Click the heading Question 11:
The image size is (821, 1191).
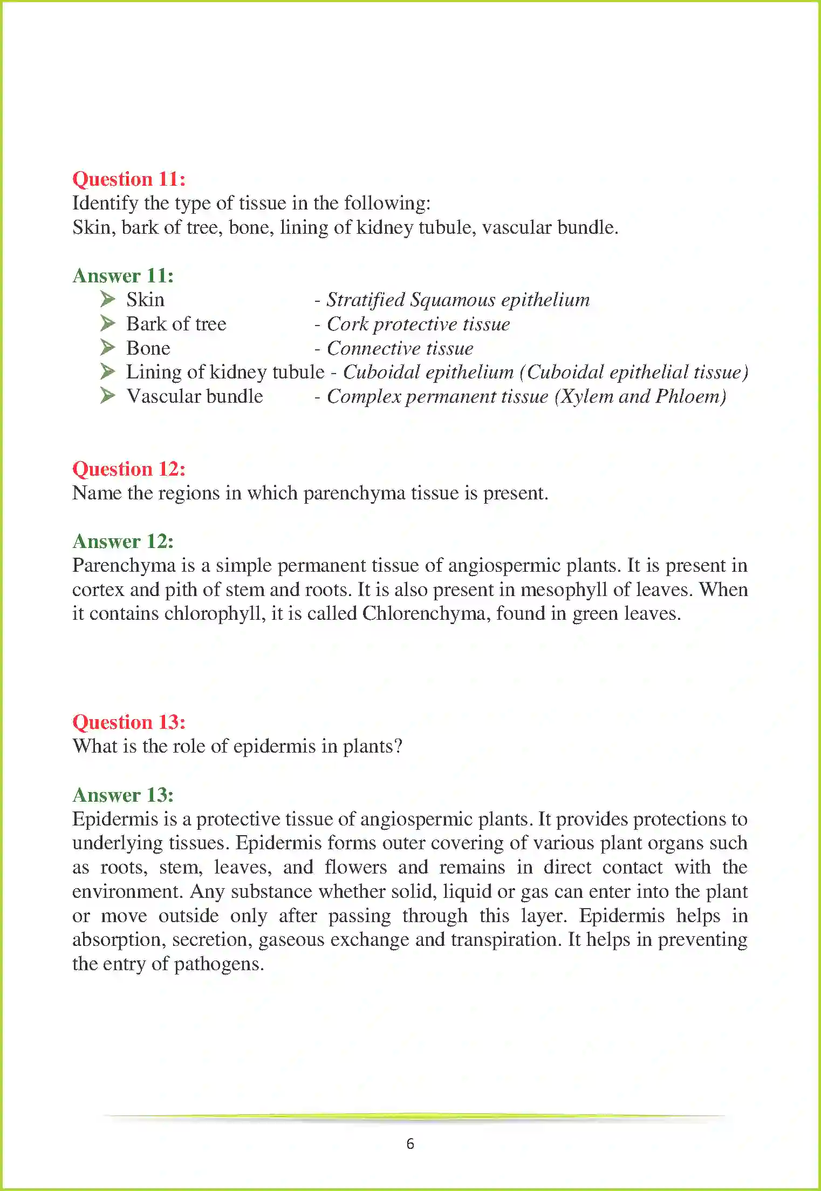tap(129, 179)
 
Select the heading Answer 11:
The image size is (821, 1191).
tap(123, 275)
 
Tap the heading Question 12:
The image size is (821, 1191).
tap(129, 469)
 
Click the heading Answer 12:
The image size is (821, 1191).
tap(123, 541)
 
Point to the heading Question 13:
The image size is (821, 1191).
tap(129, 722)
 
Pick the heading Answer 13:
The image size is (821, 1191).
tap(123, 795)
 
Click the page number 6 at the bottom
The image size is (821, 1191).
tap(410, 1143)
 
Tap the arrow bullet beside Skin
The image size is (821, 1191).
tap(107, 299)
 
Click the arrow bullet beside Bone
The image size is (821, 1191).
tap(107, 347)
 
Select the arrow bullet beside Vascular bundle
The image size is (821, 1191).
tap(107, 396)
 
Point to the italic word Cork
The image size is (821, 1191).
tap(347, 324)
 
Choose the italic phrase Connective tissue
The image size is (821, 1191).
tap(400, 348)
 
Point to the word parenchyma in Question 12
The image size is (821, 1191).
tap(354, 493)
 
